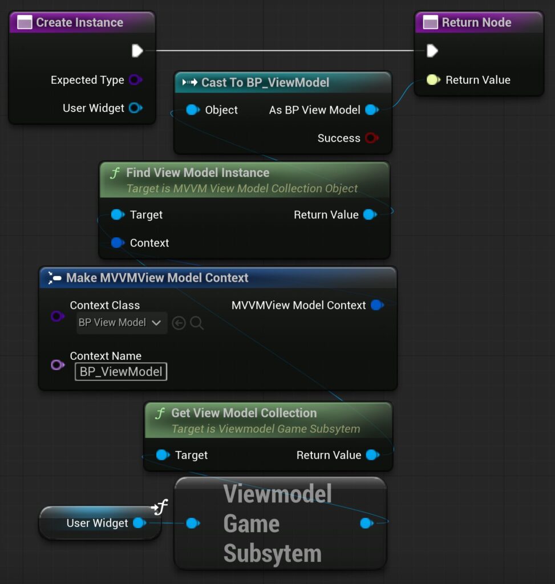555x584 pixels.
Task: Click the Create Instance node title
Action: tap(79, 23)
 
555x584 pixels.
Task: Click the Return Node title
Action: tap(476, 23)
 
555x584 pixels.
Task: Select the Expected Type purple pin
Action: tap(135, 80)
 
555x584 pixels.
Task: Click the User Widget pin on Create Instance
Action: tap(135, 108)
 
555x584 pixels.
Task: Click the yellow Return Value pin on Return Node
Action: tap(433, 80)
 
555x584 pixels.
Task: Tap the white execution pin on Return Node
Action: tap(432, 51)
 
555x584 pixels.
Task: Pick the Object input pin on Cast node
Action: tap(193, 110)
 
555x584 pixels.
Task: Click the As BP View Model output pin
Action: tap(371, 110)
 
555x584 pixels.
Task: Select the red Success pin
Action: tap(371, 138)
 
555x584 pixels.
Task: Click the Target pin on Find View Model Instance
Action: tap(118, 214)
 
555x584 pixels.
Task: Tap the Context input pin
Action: tap(118, 243)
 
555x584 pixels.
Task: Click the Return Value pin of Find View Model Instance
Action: tap(370, 214)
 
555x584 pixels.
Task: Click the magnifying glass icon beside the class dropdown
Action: tap(197, 323)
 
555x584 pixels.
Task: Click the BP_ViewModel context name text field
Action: tap(121, 372)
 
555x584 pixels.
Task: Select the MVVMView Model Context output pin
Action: tap(376, 305)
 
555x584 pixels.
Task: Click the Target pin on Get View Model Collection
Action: tap(163, 455)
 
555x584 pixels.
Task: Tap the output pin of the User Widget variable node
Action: tap(139, 523)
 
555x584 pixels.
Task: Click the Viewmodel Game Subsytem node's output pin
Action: tap(366, 523)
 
